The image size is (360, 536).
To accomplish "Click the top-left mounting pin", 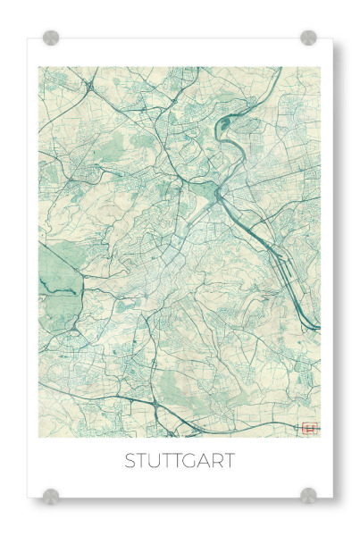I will click(x=52, y=38).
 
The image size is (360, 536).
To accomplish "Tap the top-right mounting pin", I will click(x=308, y=38).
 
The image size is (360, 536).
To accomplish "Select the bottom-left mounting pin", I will click(x=52, y=495).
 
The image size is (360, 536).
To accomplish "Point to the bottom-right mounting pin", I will click(x=308, y=495).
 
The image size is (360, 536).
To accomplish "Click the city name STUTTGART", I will click(x=180, y=462).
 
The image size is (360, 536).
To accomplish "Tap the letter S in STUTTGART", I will click(x=130, y=462).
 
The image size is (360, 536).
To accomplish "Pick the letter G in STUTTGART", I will click(x=190, y=462).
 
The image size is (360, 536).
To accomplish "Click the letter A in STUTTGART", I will click(x=205, y=462).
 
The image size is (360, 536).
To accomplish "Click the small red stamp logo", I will click(x=310, y=428).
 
